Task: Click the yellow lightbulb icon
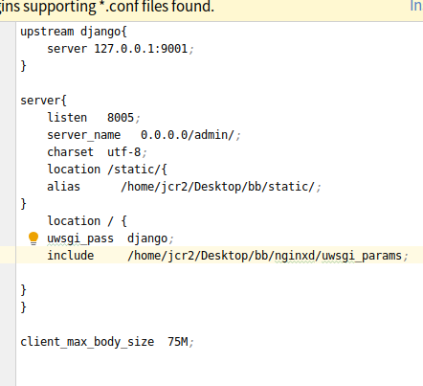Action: coord(33,238)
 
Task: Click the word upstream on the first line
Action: coord(47,32)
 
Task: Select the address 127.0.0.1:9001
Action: coord(141,49)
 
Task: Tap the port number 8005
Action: coord(121,118)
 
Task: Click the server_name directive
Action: coord(84,135)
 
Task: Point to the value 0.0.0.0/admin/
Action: coord(188,135)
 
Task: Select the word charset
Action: coord(71,152)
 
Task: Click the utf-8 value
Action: coord(123,152)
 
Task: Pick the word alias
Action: coord(63,187)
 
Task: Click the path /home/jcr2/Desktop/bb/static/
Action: coord(218,187)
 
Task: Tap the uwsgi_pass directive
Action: coord(80,238)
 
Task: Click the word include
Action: coord(71,256)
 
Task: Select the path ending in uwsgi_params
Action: coord(264,256)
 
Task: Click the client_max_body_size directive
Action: coord(87,342)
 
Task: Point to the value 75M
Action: coord(178,342)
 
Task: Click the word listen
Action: coord(67,118)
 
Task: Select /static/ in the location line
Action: coord(133,170)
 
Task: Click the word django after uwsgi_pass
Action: coord(147,238)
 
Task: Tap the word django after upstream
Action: coord(100,32)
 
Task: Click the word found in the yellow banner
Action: coord(193,7)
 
